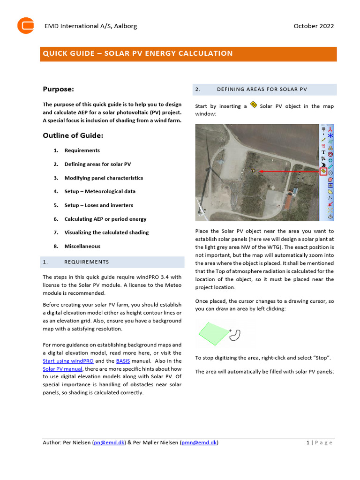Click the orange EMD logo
click(x=26, y=25)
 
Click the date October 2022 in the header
click(x=314, y=26)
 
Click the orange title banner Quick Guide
click(x=138, y=53)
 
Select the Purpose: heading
click(x=59, y=89)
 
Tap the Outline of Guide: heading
click(x=73, y=135)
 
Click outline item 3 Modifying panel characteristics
click(x=104, y=178)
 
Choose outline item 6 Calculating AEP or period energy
click(x=105, y=219)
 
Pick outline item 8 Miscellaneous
click(x=82, y=246)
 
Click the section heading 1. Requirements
click(x=86, y=262)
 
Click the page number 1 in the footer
click(x=307, y=442)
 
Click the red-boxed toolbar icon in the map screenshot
click(x=323, y=172)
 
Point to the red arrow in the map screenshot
click(x=288, y=172)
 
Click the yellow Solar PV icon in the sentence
click(x=254, y=105)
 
